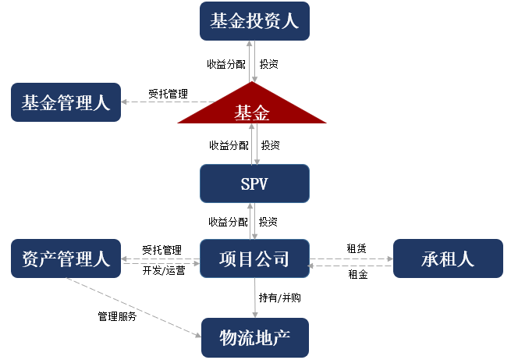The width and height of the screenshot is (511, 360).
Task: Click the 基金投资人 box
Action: click(x=254, y=21)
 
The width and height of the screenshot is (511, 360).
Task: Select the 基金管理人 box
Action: click(x=66, y=102)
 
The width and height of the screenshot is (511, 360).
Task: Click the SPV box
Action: click(x=254, y=184)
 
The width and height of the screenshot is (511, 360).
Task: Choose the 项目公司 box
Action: click(x=254, y=258)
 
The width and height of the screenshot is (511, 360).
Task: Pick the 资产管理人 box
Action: click(x=66, y=258)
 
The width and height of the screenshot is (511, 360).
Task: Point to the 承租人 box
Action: click(x=448, y=258)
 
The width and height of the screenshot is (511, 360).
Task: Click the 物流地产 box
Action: click(x=255, y=338)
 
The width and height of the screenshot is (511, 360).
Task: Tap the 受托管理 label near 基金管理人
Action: click(x=169, y=94)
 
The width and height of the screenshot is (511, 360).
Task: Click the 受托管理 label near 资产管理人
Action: click(x=162, y=250)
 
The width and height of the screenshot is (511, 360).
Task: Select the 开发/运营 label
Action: click(x=164, y=270)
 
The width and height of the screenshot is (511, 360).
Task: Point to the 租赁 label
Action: click(x=357, y=248)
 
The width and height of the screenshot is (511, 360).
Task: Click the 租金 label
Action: click(x=358, y=274)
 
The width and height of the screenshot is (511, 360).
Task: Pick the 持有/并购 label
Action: click(x=280, y=298)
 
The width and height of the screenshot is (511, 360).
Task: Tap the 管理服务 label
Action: click(x=117, y=316)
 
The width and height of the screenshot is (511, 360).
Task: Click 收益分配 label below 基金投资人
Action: click(x=226, y=64)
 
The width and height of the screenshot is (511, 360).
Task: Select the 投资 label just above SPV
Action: click(x=271, y=145)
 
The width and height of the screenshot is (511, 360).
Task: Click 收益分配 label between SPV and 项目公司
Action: click(x=228, y=222)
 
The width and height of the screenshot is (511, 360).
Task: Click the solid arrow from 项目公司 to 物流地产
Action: click(x=255, y=298)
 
